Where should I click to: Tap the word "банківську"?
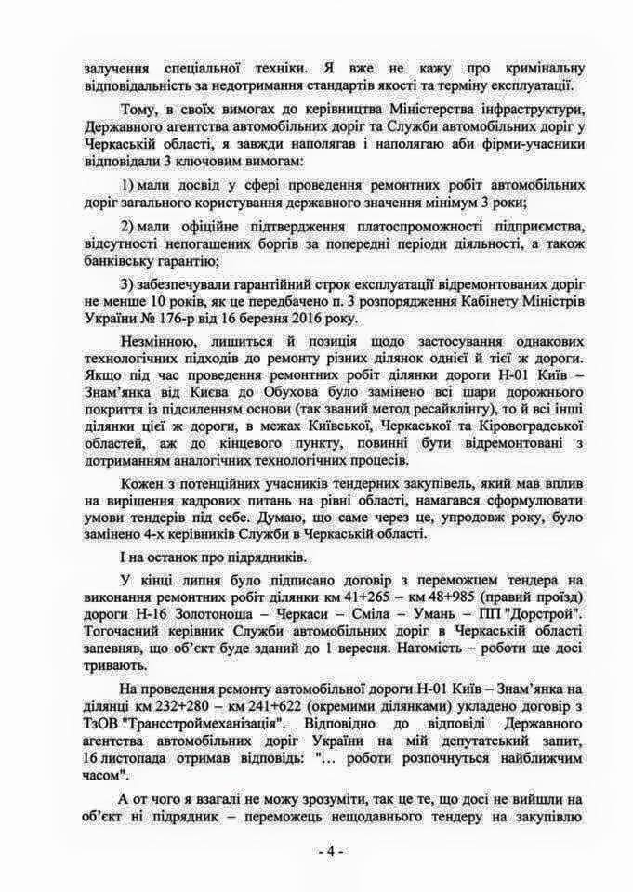126,263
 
